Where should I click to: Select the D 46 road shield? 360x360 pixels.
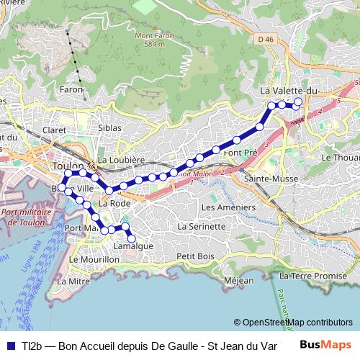pyautogui.click(x=266, y=40)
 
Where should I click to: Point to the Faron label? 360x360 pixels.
pyautogui.click(x=71, y=89)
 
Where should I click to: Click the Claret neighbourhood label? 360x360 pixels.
pyautogui.click(x=54, y=130)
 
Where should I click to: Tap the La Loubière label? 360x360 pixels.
pyautogui.click(x=121, y=159)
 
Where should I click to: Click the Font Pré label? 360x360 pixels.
pyautogui.click(x=240, y=153)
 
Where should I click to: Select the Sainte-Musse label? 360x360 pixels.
pyautogui.click(x=267, y=177)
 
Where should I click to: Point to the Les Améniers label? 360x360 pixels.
pyautogui.click(x=228, y=207)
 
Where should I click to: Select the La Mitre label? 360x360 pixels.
pyautogui.click(x=76, y=280)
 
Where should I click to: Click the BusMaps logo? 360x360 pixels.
pyautogui.click(x=326, y=344)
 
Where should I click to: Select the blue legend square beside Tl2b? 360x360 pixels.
pyautogui.click(x=11, y=345)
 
